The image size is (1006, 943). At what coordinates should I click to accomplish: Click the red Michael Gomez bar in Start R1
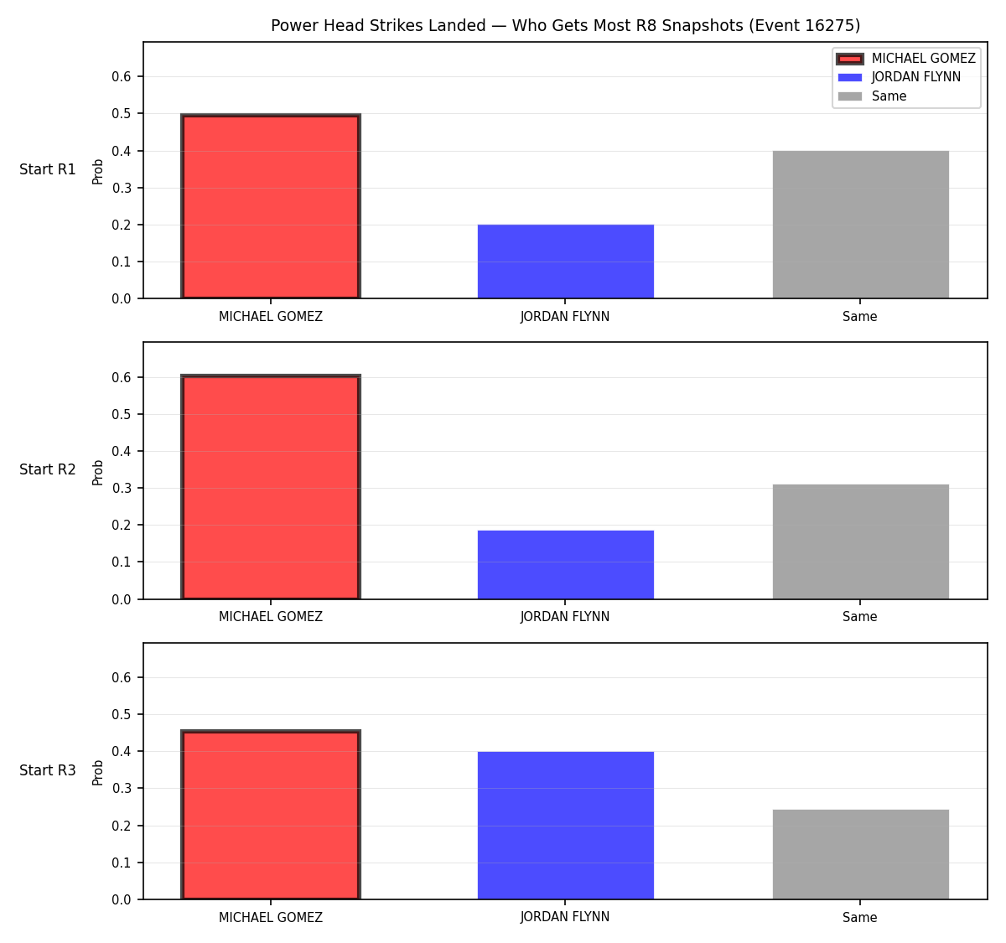click(271, 206)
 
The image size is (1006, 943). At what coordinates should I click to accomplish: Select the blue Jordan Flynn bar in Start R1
click(565, 262)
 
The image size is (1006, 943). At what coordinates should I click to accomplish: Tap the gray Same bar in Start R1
click(860, 225)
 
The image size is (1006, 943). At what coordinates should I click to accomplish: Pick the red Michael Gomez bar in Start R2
click(271, 487)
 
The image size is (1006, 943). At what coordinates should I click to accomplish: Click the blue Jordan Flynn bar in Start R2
click(565, 565)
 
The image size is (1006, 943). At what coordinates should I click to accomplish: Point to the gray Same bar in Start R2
click(860, 541)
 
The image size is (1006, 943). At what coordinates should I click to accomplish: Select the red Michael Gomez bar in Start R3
click(271, 815)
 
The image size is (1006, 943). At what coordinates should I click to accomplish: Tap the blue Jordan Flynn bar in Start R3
click(565, 826)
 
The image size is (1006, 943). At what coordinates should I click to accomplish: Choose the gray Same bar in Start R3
click(860, 854)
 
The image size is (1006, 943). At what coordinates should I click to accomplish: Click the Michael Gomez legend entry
click(905, 59)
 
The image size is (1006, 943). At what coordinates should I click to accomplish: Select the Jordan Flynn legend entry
click(899, 77)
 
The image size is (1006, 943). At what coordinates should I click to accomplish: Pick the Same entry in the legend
click(872, 96)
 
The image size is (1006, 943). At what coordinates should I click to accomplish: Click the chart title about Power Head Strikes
click(565, 25)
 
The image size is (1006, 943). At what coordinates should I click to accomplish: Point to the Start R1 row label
click(47, 169)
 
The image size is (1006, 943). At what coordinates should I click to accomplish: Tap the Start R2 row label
click(47, 469)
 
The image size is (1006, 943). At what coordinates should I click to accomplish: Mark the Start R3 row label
click(47, 770)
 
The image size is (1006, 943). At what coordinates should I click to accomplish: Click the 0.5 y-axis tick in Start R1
click(121, 113)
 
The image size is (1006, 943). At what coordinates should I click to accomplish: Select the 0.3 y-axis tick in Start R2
click(121, 488)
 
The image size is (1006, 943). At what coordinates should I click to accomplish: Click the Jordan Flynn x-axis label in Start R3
click(565, 917)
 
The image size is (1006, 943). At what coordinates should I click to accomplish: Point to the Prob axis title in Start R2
click(97, 472)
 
